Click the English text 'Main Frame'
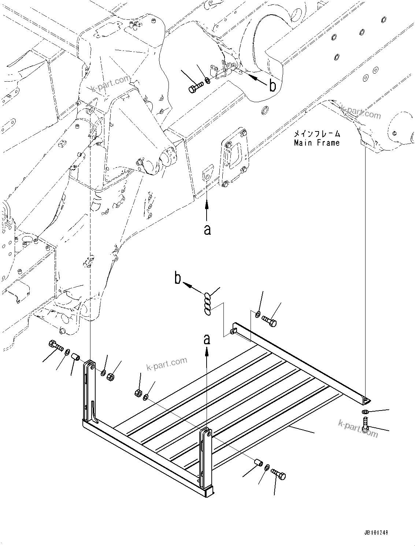point(316,143)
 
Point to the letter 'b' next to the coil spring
point(178,279)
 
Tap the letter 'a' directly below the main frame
point(207,230)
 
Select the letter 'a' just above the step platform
point(207,339)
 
